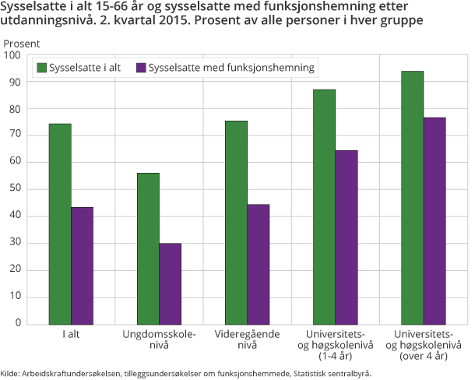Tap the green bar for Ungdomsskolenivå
tap(148, 249)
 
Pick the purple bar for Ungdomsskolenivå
tap(170, 284)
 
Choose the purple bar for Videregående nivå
tap(258, 265)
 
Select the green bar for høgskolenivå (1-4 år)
tap(324, 207)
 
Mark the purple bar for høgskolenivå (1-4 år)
tap(347, 237)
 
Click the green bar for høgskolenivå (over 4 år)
tap(412, 198)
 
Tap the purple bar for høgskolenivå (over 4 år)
tap(435, 221)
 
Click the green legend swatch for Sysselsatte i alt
tap(42, 69)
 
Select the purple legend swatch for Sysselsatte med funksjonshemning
tap(140, 69)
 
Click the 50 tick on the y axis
tap(15, 189)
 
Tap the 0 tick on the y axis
tap(18, 325)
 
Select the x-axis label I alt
tap(71, 334)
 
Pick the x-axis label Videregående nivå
tap(247, 340)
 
